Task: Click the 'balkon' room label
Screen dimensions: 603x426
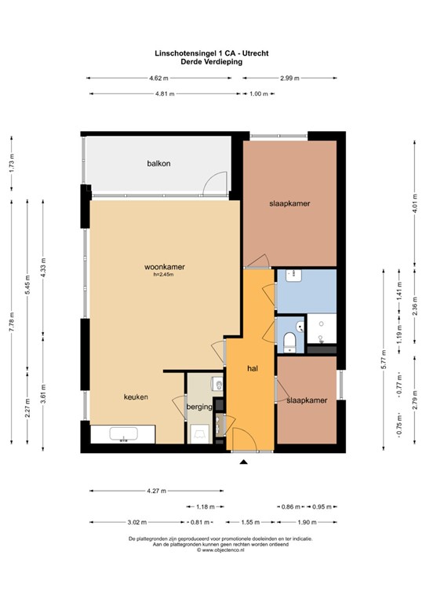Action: [x=158, y=164]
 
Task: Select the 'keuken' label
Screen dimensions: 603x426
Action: [x=136, y=397]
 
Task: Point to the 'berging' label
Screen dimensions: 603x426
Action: [x=199, y=407]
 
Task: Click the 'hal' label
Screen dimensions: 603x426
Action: [x=253, y=367]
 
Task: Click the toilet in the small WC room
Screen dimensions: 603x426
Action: [x=289, y=339]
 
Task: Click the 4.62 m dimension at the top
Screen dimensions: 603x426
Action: [x=158, y=79]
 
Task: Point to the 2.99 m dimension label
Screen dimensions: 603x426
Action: [x=288, y=79]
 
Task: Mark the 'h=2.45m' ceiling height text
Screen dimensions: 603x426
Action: [x=163, y=275]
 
